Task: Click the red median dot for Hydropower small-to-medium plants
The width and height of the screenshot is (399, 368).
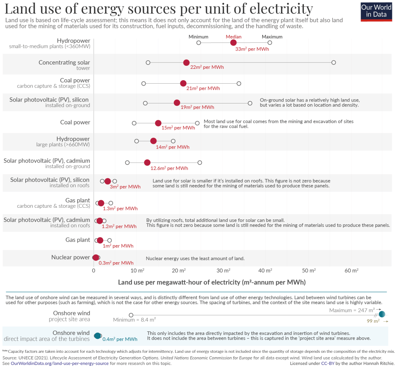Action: [233, 43]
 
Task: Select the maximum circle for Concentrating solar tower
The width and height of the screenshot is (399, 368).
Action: [334, 63]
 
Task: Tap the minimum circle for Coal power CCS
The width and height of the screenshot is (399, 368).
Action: [144, 84]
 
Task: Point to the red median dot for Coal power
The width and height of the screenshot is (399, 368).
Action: [158, 123]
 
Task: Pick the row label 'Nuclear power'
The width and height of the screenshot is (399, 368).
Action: [71, 257]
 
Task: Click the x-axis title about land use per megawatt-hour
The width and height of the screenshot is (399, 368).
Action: [212, 282]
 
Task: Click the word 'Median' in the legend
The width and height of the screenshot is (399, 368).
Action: [233, 37]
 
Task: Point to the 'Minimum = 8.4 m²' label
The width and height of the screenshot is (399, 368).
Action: [134, 320]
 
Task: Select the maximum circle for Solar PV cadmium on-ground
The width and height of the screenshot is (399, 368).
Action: [200, 163]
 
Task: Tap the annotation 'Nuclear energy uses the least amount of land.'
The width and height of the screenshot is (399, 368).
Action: [195, 258]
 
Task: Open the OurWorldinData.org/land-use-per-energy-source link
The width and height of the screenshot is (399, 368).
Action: [60, 363]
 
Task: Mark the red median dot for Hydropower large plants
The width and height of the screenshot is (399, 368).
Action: [154, 141]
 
